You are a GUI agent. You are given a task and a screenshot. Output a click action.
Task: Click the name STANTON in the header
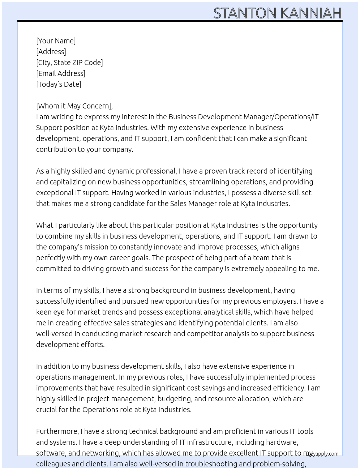pos(245,13)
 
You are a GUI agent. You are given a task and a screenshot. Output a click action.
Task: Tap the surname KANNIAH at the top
pos(310,13)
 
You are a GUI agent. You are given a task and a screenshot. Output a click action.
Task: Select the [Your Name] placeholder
pos(56,41)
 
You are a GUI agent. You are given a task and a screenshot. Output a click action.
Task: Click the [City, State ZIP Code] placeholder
pos(69,63)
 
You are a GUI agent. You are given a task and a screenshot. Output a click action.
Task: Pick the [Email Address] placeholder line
pos(61,73)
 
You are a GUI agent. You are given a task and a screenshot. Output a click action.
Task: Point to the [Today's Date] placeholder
pos(59,84)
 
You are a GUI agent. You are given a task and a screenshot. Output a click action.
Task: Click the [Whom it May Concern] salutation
pos(74,106)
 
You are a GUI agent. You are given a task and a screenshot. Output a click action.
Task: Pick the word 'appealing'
pos(283,269)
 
